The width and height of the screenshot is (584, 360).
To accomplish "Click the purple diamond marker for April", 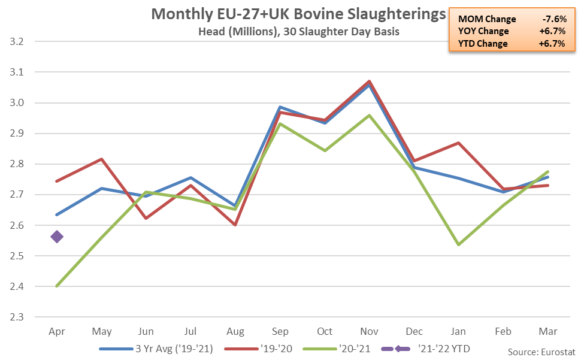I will (x=57, y=237).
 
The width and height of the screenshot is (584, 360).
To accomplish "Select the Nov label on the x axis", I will (x=369, y=331).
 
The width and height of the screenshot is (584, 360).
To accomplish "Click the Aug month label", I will (x=235, y=331).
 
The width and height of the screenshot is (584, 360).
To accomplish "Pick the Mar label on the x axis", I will (x=547, y=331).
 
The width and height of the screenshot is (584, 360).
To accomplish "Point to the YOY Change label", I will (x=482, y=31).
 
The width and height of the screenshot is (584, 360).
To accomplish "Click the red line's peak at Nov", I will (x=370, y=81).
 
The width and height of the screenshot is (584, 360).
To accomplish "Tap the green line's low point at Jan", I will (x=459, y=244).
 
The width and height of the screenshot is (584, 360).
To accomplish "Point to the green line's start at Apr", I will (x=57, y=286).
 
